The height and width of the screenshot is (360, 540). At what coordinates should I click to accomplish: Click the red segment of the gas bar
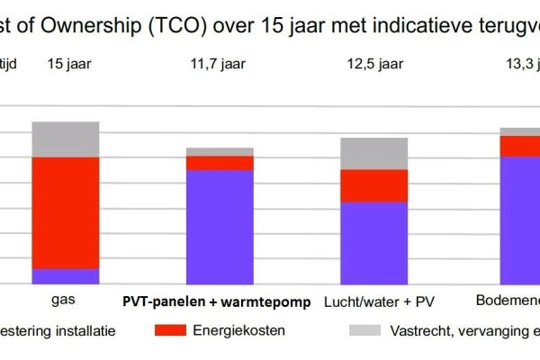point(66,212)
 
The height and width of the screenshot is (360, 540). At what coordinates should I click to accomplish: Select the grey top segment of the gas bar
point(66,139)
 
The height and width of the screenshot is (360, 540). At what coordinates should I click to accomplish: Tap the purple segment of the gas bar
point(66,276)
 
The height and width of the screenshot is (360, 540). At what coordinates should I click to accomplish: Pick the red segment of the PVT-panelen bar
point(220,163)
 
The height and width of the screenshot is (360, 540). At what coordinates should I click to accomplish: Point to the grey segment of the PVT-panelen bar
point(220,151)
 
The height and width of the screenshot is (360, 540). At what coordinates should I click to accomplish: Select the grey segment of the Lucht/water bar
point(373,153)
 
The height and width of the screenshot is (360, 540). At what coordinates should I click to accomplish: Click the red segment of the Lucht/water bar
point(373,185)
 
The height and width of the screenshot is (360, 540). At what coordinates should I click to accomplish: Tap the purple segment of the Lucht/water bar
point(373,243)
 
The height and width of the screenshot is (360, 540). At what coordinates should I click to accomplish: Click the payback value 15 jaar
point(66,64)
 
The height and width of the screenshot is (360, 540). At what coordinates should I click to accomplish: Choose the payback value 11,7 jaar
point(220,64)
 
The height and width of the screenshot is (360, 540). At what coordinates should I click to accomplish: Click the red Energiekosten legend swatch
point(171,330)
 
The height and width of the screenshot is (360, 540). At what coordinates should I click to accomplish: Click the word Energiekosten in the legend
point(239,330)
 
